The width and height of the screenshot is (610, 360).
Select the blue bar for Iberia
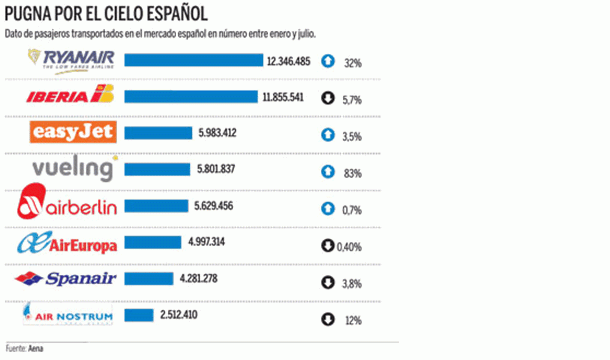coord(191,98)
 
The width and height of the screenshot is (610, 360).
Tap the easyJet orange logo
coord(74,133)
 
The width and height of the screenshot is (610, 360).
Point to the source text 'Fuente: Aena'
coord(30,349)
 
